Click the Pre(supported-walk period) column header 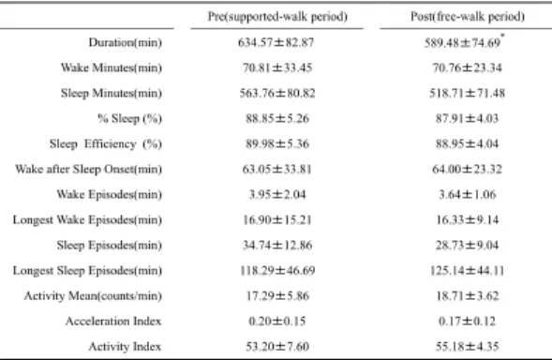pos(277,17)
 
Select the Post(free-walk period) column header pos(468,17)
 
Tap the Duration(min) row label pos(126,42)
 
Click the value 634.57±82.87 pos(276,42)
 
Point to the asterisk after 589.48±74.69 pos(502,36)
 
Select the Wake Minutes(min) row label pos(112,67)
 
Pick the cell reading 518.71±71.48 pos(467,94)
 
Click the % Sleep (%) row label pos(130,119)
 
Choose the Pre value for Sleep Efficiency pos(277,143)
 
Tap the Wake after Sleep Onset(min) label pos(88,169)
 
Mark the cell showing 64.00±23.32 pos(467,170)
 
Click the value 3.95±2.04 pos(277,194)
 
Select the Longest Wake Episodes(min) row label pos(87,219)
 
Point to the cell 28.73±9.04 pos(467,246)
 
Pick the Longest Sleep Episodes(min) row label pos(87,271)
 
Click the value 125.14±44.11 pos(467,271)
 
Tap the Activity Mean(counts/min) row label pos(93,296)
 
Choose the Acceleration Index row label pos(113,322)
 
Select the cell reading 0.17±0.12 pos(467,322)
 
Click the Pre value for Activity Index pos(277,347)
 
